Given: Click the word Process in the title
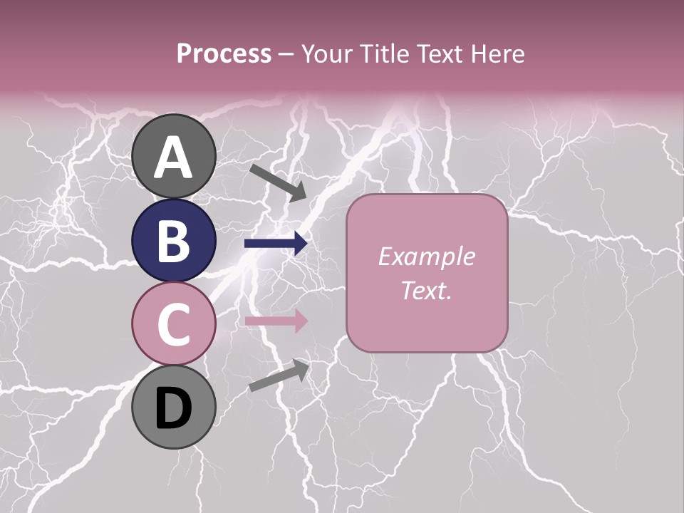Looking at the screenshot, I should point(224,54).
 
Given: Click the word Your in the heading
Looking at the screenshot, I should point(326,54).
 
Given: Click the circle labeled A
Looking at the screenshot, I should point(174,157).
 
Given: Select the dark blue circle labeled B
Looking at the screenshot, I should point(174,240).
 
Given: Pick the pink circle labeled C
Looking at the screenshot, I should point(174,323).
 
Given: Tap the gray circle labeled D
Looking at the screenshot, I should point(174,407).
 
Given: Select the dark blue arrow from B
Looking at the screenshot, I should point(276,244).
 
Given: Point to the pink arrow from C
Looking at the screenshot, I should point(276,321).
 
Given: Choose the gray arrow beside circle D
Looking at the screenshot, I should point(279,375).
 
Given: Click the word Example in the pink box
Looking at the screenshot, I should point(426,256).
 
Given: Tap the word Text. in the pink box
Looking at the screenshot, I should point(426,290).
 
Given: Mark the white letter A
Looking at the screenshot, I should point(174,157).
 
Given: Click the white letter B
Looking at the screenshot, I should point(174,241).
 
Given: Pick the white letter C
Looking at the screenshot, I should point(174,324).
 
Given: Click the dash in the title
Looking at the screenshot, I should point(286,55).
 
